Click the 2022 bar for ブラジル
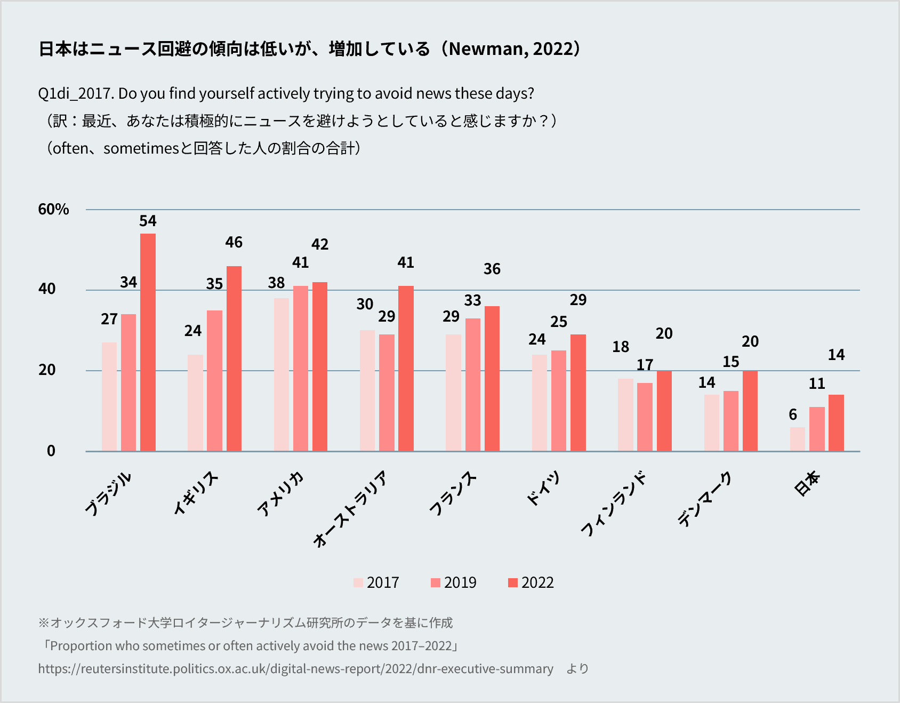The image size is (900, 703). click(x=148, y=342)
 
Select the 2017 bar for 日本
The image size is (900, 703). click(x=797, y=439)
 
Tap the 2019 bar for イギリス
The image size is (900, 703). click(x=214, y=380)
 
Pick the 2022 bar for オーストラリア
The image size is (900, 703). click(x=406, y=368)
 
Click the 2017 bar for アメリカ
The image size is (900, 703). click(x=281, y=374)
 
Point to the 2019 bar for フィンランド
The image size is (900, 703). click(x=645, y=417)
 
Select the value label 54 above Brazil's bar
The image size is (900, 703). click(x=148, y=221)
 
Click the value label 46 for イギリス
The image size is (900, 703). click(x=234, y=242)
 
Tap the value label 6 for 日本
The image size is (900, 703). click(x=793, y=414)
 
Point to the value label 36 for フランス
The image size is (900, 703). click(x=492, y=269)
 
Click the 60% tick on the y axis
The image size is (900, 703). click(x=53, y=209)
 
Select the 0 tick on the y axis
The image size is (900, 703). click(x=51, y=451)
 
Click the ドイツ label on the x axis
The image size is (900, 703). click(x=543, y=488)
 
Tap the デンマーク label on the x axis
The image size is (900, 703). click(x=705, y=500)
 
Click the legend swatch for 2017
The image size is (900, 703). click(x=358, y=582)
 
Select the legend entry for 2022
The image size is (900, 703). click(x=531, y=582)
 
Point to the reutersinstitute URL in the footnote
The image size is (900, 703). click(x=295, y=669)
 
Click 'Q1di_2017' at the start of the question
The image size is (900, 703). click(x=75, y=93)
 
